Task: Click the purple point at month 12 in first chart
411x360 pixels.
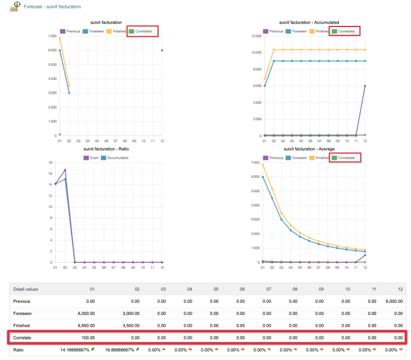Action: click(162, 50)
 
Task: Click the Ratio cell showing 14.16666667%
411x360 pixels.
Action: click(75, 350)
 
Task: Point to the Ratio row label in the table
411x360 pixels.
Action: click(20, 350)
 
